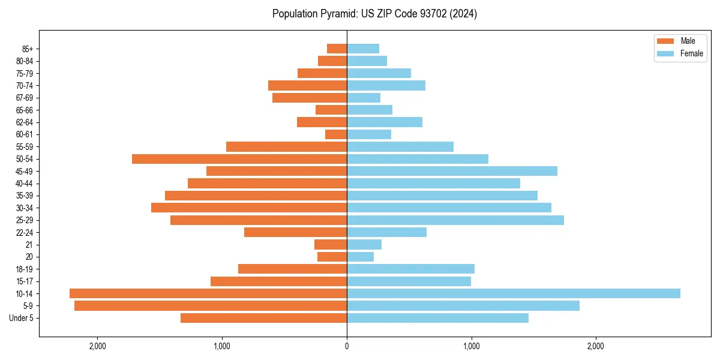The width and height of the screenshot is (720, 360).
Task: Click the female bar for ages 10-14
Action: click(x=513, y=293)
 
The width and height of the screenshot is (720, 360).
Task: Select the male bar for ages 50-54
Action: click(x=239, y=159)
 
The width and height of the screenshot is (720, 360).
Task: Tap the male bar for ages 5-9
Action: click(x=211, y=306)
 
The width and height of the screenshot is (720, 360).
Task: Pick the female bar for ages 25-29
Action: click(x=455, y=220)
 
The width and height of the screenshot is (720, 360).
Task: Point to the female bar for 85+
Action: click(x=363, y=49)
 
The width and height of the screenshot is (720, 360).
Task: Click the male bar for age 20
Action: click(x=332, y=257)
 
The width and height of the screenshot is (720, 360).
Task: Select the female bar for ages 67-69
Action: click(x=364, y=98)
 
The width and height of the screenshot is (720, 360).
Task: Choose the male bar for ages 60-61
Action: click(x=336, y=134)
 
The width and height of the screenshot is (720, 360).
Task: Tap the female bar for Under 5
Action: click(x=437, y=318)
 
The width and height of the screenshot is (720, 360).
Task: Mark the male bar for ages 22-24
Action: click(x=296, y=232)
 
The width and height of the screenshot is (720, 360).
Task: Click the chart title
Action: click(x=374, y=14)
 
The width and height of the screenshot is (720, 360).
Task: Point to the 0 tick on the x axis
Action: click(x=347, y=346)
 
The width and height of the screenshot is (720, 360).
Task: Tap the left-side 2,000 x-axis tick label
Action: click(x=97, y=346)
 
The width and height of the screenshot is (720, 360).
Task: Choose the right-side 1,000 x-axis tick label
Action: click(x=471, y=346)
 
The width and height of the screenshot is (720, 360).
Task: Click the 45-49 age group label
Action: click(x=25, y=171)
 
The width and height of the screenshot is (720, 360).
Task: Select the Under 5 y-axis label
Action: click(x=22, y=318)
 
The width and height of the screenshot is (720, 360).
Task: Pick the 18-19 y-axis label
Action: click(x=25, y=269)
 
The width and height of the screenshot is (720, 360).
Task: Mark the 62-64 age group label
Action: click(x=25, y=122)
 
